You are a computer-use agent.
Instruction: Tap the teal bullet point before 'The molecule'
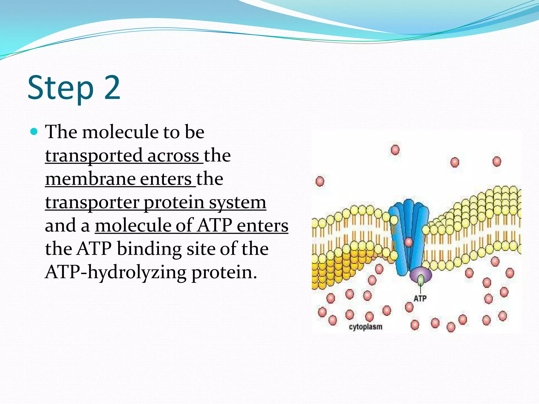(34, 131)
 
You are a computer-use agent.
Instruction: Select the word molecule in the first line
(120, 132)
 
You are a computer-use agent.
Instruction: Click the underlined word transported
(94, 155)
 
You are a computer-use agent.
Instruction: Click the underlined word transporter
(92, 203)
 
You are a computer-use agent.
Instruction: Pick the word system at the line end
(237, 203)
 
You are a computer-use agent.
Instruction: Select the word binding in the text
(149, 249)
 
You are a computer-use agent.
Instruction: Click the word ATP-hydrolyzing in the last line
(116, 272)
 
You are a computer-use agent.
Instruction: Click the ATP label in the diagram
(420, 299)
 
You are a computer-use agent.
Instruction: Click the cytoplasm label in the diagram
(366, 327)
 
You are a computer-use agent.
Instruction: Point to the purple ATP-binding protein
(421, 274)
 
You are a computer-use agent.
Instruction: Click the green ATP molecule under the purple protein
(421, 280)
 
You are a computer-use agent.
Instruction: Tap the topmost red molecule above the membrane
(395, 150)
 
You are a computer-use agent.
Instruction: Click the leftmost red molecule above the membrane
(320, 181)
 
